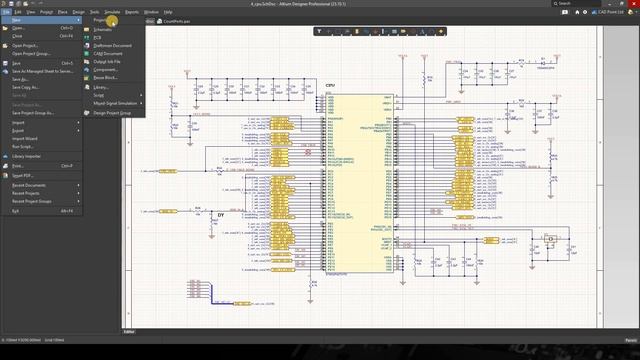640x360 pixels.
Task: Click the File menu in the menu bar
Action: point(6,12)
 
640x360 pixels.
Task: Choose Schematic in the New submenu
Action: point(103,29)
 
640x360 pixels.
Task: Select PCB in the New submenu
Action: point(97,37)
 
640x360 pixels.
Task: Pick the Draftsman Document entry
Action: point(112,45)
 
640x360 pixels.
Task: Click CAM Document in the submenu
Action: point(108,53)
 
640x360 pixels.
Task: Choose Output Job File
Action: point(107,62)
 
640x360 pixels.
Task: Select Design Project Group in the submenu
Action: point(112,113)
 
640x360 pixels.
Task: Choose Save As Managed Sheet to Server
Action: point(43,71)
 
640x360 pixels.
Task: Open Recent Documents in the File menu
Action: point(29,185)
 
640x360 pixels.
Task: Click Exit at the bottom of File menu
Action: point(15,211)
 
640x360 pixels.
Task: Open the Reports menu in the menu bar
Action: point(131,12)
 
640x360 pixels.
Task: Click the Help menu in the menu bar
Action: point(170,12)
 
